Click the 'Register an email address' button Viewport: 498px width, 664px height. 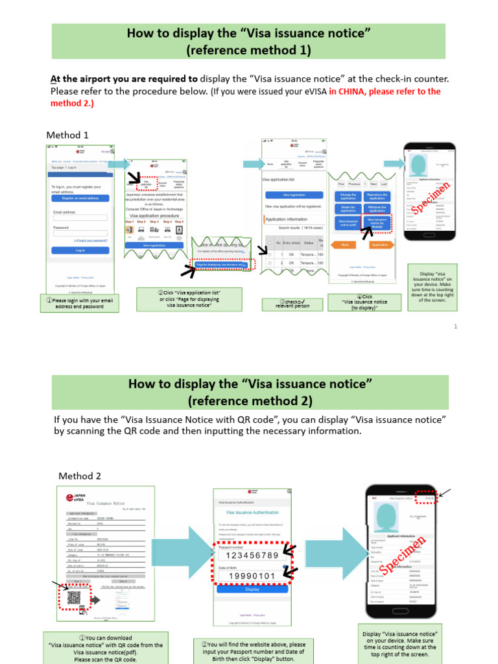(80, 198)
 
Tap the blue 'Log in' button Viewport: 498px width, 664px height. (80, 250)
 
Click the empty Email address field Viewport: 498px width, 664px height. (80, 217)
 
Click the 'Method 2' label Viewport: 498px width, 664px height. (80, 475)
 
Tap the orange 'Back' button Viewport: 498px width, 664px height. (345, 245)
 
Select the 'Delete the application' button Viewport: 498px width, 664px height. (348, 209)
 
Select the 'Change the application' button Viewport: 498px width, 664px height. (348, 195)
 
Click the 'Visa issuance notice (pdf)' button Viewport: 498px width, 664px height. (348, 222)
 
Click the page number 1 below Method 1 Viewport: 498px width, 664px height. (455, 326)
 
